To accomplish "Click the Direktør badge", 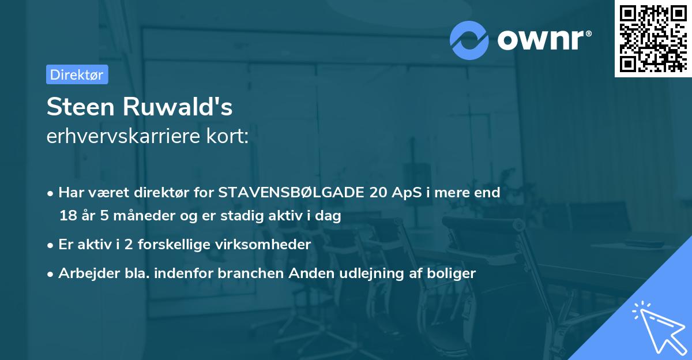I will (77, 74).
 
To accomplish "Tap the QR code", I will (652, 38).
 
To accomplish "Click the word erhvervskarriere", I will (124, 137).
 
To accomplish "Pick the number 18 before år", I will (67, 216).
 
